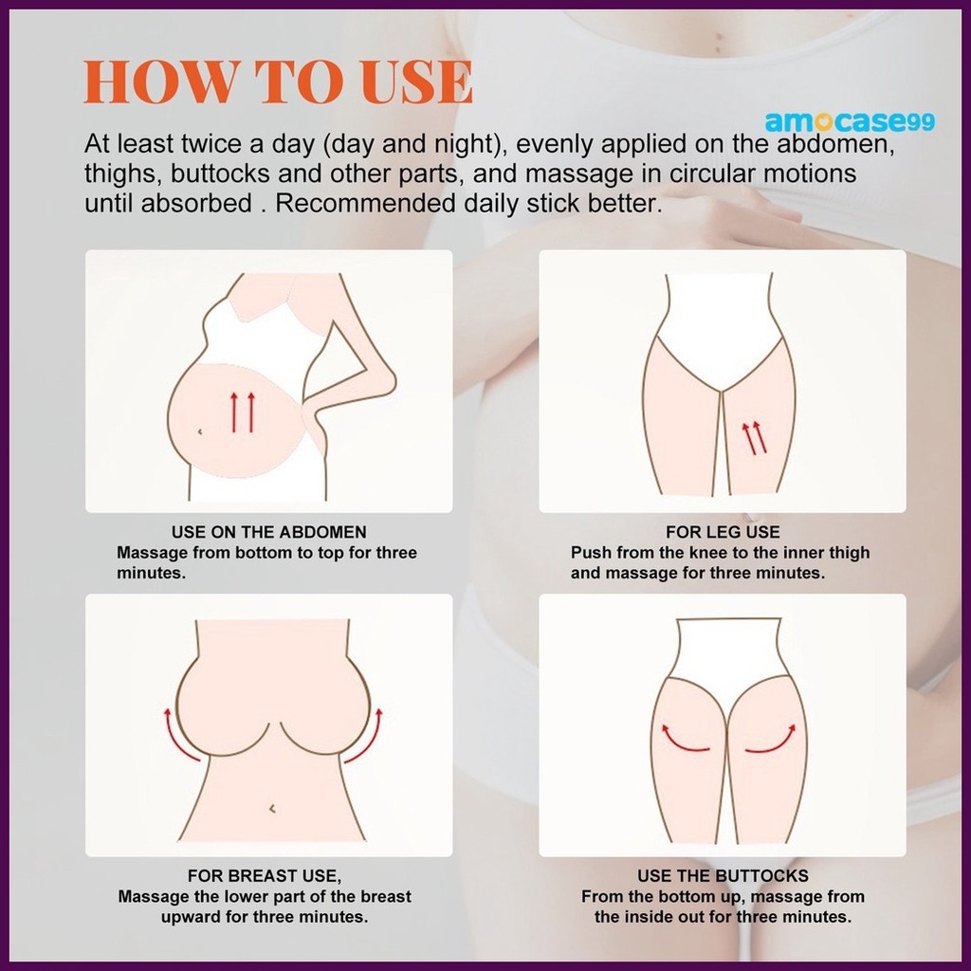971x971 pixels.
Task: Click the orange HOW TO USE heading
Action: click(x=278, y=82)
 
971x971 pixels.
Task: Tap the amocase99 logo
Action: click(x=850, y=121)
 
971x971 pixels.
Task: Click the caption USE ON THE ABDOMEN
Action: click(x=268, y=532)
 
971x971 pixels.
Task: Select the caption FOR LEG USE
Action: click(x=723, y=532)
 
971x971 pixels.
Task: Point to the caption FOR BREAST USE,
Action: click(x=265, y=875)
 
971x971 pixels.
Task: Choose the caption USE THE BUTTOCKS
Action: click(x=723, y=875)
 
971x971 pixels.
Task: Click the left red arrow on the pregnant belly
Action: click(x=234, y=412)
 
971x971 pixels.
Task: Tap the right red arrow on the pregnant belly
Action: click(x=250, y=412)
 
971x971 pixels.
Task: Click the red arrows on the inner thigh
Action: click(x=754, y=438)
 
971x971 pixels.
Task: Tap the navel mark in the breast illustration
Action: click(x=272, y=808)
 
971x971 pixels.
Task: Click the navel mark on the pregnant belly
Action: click(x=199, y=431)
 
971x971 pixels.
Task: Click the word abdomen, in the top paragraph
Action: click(x=835, y=144)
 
